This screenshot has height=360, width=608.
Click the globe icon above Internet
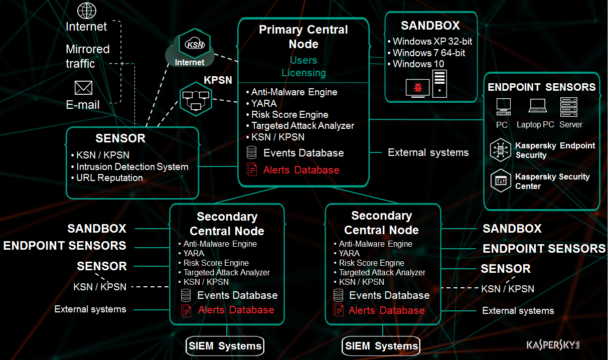(87, 11)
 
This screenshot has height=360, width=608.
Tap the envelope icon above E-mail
(83, 88)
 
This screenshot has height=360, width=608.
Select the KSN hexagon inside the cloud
(194, 45)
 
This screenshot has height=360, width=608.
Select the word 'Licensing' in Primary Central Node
(303, 73)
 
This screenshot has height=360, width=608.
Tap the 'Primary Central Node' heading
(303, 37)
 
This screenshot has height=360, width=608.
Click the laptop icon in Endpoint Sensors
(537, 105)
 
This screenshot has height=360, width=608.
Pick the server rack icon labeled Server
(568, 106)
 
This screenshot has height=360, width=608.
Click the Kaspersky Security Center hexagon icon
(501, 181)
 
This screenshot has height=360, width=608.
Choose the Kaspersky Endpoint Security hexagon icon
(501, 150)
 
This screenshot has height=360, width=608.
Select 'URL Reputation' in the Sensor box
(109, 178)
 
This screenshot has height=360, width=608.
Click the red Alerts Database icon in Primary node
(252, 169)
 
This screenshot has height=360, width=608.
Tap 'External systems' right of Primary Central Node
(428, 152)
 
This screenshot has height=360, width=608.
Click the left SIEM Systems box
(225, 345)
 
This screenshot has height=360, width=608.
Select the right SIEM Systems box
(381, 346)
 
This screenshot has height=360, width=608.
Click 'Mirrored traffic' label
(87, 56)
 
